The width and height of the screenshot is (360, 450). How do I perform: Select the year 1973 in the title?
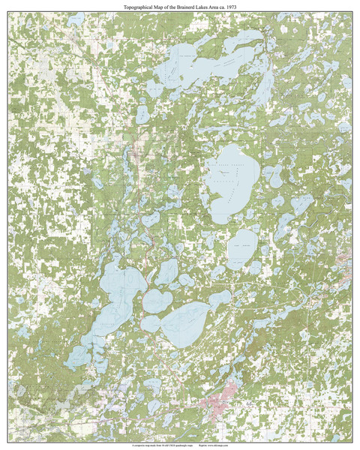pos(237,6)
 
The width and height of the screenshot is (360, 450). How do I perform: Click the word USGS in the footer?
pos(184,445)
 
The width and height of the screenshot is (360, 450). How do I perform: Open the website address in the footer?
pos(235,445)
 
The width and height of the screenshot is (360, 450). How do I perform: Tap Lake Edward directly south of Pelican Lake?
pos(241,247)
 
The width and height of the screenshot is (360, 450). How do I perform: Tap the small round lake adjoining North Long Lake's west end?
pos(151,324)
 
